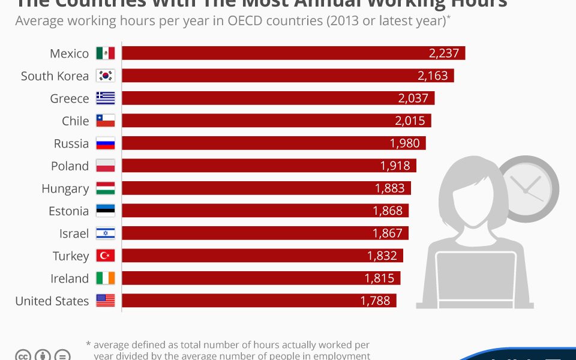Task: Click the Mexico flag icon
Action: coord(105,53)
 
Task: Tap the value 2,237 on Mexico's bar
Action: coord(444,53)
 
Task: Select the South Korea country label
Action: coord(55,76)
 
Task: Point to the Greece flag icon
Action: coord(105,98)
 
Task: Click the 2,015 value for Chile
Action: coord(410,121)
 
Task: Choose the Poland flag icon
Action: coord(105,166)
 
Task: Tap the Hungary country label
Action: coord(65,188)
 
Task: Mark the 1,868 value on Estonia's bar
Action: coord(388,211)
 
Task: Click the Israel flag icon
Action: coord(105,233)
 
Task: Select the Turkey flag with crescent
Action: coord(105,256)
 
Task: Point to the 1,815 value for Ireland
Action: coord(379,278)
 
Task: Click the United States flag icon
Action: coord(105,301)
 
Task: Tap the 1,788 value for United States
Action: coord(375,301)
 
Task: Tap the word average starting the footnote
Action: coord(115,345)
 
